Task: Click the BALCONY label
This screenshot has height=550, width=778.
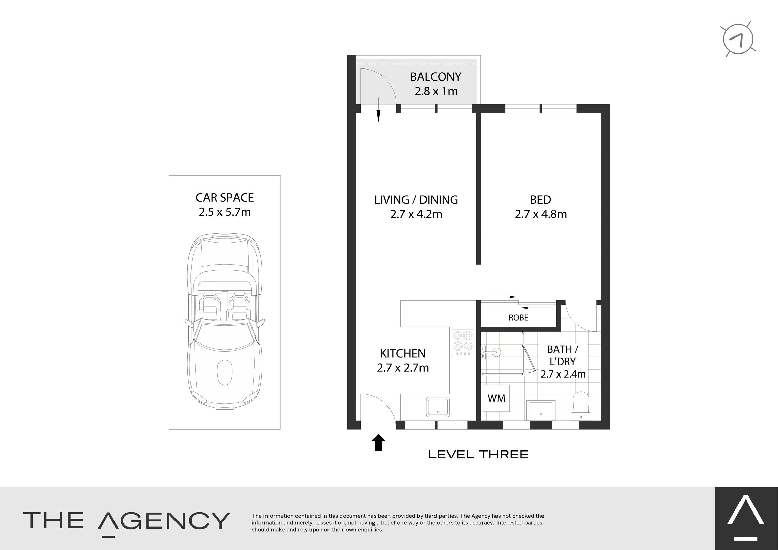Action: pyautogui.click(x=436, y=77)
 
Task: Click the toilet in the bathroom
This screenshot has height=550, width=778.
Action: pyautogui.click(x=581, y=406)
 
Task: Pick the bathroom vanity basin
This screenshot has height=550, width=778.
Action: pyautogui.click(x=541, y=410)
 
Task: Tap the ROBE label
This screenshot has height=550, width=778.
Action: pyautogui.click(x=518, y=318)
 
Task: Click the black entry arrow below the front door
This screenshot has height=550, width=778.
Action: pyautogui.click(x=378, y=442)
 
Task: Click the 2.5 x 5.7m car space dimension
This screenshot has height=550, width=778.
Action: pyautogui.click(x=225, y=212)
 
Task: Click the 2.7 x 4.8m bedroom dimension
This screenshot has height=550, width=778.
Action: pyautogui.click(x=541, y=214)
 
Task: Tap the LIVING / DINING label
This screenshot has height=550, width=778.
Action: pyautogui.click(x=416, y=200)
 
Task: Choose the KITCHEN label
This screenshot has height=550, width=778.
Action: pyautogui.click(x=403, y=353)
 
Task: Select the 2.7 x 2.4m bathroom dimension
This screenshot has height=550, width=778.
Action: pyautogui.click(x=563, y=374)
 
